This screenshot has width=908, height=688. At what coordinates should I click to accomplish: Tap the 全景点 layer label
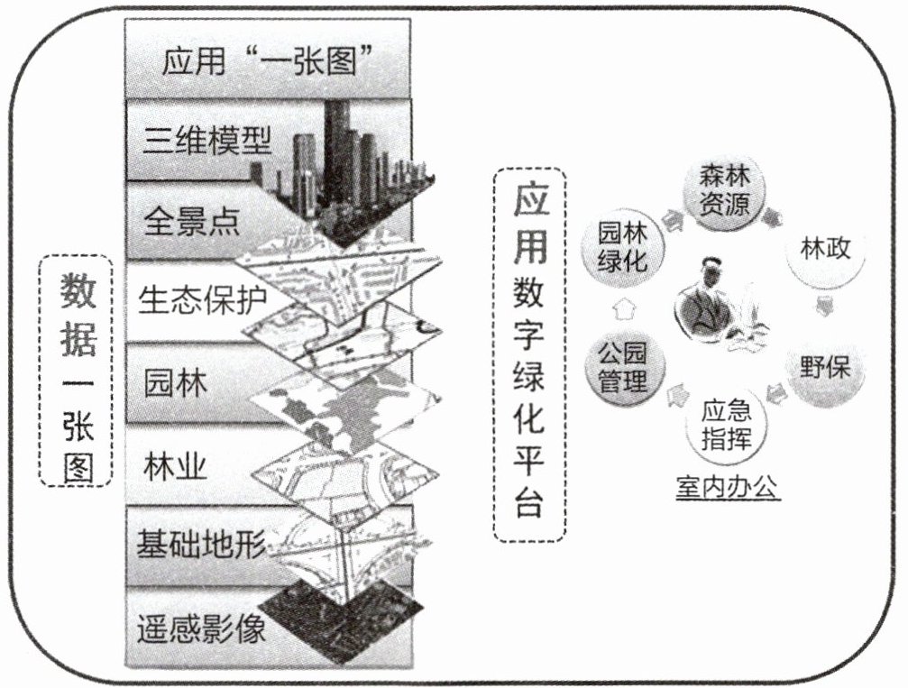[192, 221]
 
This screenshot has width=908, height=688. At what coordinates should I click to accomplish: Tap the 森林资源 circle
[718, 191]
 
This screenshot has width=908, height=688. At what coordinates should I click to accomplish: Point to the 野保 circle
[824, 367]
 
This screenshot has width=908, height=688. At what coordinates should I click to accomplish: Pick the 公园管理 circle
[623, 370]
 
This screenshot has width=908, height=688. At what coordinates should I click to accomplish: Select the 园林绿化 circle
[623, 247]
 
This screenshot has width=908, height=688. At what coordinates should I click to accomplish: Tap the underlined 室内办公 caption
[728, 489]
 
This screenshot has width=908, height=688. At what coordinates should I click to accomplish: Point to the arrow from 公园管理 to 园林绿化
[621, 309]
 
